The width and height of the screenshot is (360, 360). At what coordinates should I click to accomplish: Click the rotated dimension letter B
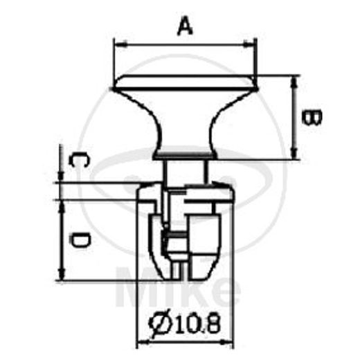(x=313, y=117)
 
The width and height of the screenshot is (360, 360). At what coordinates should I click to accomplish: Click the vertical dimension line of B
(x=296, y=118)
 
